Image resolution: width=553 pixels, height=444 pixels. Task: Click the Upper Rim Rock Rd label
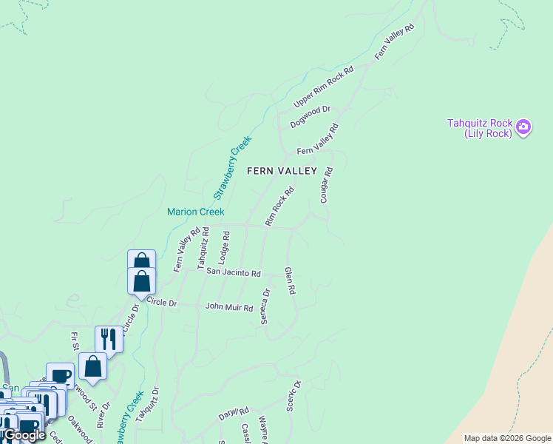click(x=324, y=87)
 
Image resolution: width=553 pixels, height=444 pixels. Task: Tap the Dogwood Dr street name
click(x=311, y=117)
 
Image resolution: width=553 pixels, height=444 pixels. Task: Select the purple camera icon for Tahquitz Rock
click(x=523, y=127)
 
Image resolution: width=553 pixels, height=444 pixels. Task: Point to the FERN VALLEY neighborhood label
click(x=282, y=171)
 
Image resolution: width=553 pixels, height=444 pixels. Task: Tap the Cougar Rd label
click(x=326, y=185)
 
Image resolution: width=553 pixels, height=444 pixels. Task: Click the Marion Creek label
click(x=195, y=212)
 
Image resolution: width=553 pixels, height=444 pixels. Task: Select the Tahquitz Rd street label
click(x=202, y=247)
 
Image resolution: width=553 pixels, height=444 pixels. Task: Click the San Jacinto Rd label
click(x=234, y=273)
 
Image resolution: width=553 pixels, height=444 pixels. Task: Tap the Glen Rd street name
click(x=290, y=280)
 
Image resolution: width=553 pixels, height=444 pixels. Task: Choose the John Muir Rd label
click(x=229, y=306)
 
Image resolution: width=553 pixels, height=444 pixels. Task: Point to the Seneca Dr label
click(x=266, y=306)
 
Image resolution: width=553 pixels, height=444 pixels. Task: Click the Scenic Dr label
click(x=294, y=395)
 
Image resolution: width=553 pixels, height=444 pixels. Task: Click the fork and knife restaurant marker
click(x=109, y=339)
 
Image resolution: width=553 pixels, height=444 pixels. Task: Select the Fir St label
click(x=75, y=341)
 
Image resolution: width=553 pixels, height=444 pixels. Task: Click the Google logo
click(x=24, y=435)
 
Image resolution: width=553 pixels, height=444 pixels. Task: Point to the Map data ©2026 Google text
click(x=507, y=438)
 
